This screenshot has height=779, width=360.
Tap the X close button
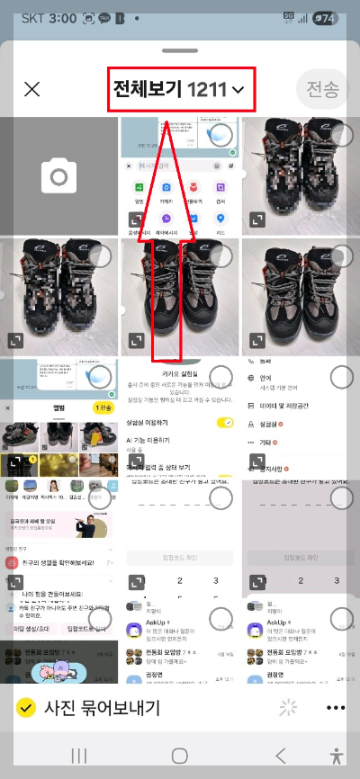[x=32, y=89]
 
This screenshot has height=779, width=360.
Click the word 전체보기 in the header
[x=147, y=89]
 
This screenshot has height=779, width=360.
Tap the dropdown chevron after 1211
[x=238, y=90]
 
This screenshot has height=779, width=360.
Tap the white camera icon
[x=59, y=176]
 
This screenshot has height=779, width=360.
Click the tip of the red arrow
[x=168, y=117]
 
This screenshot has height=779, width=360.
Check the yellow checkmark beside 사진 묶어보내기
[x=27, y=708]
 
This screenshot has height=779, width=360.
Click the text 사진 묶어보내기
[x=102, y=708]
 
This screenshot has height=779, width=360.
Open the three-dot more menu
[x=336, y=708]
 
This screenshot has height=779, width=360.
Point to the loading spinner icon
[x=288, y=708]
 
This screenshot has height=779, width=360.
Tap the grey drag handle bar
[x=180, y=51]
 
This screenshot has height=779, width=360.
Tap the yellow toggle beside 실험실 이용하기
[x=225, y=423]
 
